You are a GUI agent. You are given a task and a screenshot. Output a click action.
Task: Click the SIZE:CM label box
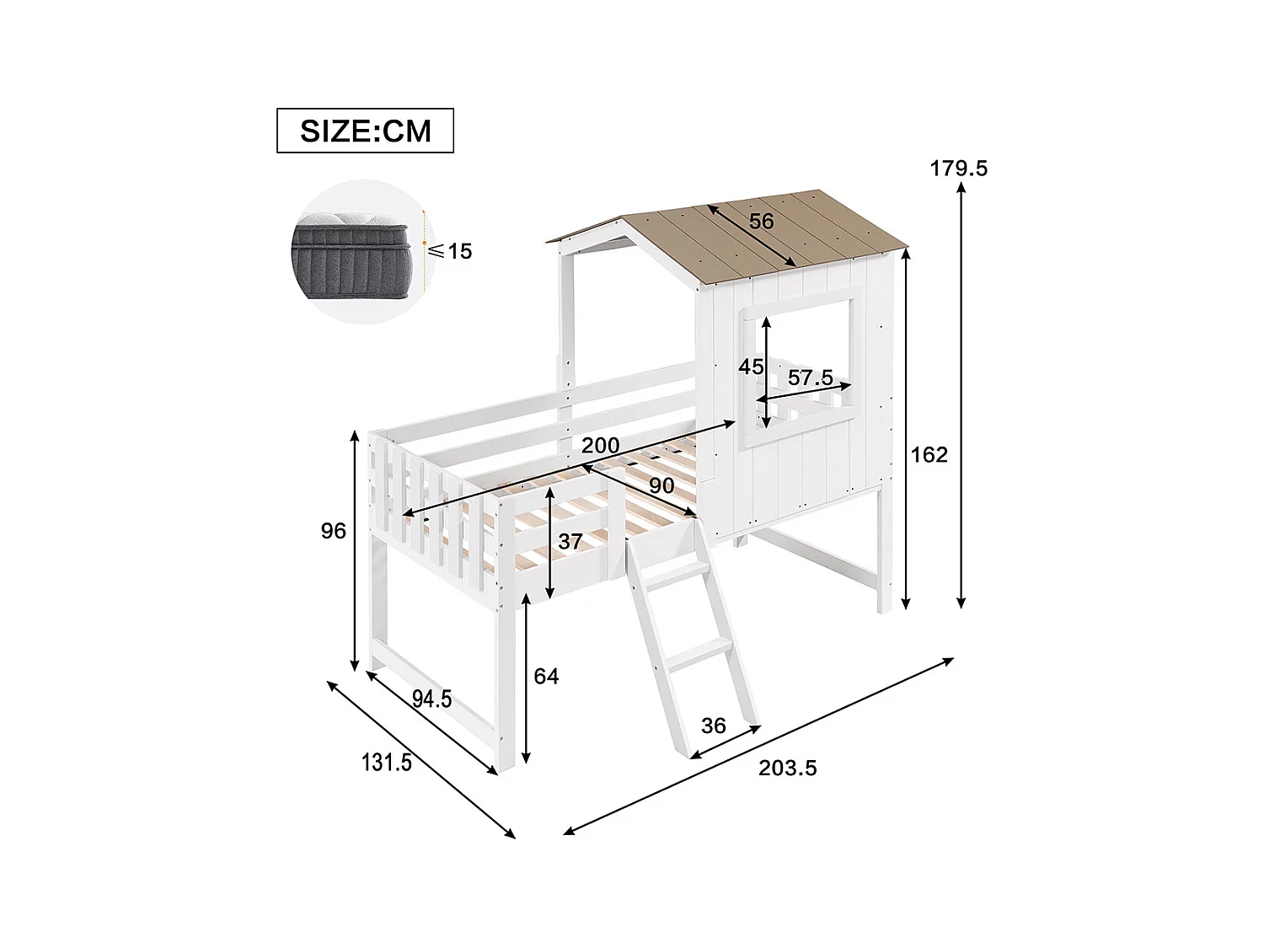point(365,131)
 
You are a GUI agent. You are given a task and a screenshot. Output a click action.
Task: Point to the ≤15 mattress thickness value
point(450,251)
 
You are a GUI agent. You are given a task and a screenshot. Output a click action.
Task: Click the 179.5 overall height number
point(958,169)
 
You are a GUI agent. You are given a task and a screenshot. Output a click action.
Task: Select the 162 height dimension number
point(929,455)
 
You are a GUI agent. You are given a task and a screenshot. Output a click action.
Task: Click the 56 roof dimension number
point(761,222)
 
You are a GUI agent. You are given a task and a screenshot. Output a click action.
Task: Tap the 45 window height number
point(750,367)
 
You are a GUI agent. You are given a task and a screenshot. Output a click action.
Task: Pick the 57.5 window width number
point(810,378)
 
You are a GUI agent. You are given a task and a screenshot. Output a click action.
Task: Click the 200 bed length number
point(600,446)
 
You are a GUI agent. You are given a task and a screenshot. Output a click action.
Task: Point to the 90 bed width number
point(661,485)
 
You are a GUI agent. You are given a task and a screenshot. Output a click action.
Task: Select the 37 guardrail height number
point(570,541)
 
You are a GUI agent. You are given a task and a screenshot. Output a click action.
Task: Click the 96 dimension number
point(334,531)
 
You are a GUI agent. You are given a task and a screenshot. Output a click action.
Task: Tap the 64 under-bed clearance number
point(546,676)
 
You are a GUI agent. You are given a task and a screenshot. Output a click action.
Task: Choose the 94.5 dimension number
point(431,699)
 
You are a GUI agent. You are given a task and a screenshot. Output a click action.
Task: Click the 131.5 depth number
point(387,763)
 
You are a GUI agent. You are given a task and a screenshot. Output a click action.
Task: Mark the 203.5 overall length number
point(788,768)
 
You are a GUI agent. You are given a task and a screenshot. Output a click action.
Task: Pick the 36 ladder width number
point(713,726)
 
